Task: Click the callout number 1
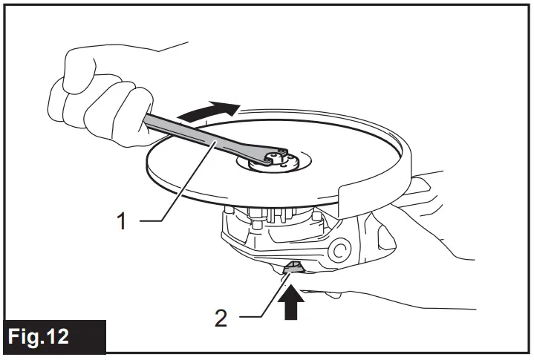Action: tap(126, 220)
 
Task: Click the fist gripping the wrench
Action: tap(100, 96)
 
